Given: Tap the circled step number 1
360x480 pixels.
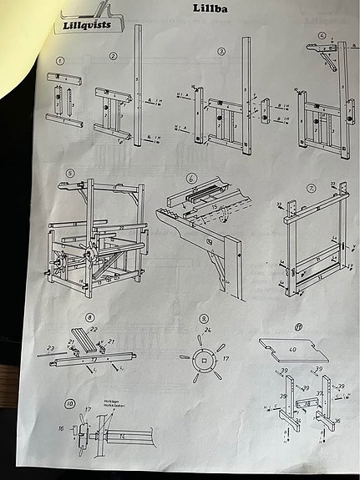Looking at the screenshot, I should (60, 61).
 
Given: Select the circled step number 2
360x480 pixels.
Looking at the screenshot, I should (114, 56).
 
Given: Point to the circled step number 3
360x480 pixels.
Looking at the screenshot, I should (221, 51).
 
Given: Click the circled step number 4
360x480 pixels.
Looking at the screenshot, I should (322, 36).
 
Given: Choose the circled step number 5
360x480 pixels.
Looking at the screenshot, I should (71, 174).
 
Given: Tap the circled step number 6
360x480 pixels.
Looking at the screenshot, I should (192, 179).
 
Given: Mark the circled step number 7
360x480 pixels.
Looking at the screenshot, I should (311, 189).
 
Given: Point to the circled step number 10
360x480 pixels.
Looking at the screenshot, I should (69, 404).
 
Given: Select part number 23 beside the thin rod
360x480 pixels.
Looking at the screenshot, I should (49, 347).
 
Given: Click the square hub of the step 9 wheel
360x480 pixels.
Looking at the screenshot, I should (201, 361).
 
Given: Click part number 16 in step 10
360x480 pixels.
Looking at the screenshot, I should (61, 431).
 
